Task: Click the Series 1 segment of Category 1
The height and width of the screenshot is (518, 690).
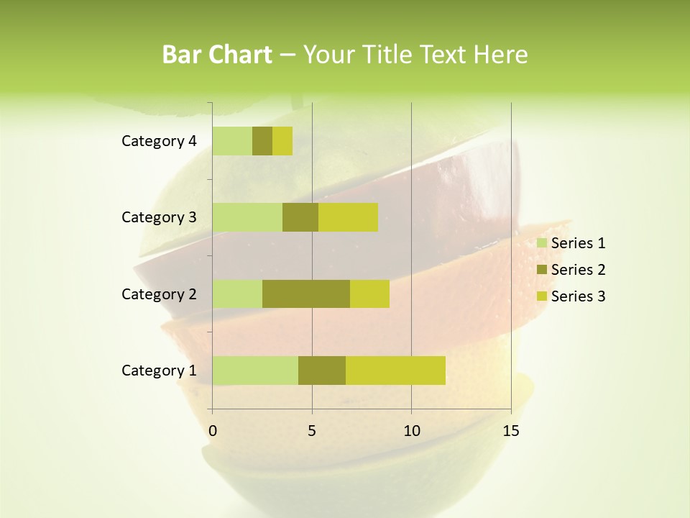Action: [x=255, y=370]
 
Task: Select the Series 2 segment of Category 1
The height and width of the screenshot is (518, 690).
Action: [x=322, y=370]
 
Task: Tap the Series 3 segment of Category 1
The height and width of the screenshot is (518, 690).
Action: [x=395, y=370]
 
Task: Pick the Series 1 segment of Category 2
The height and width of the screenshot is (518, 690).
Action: [x=237, y=294]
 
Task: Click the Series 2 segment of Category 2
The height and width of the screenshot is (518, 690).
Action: [x=306, y=294]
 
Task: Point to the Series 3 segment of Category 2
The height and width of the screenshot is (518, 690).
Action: [x=369, y=294]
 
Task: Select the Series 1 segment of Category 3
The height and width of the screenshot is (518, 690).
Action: [x=247, y=217]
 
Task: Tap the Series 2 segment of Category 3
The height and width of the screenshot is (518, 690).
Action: [x=300, y=217]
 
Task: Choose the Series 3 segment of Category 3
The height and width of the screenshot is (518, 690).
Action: [x=348, y=217]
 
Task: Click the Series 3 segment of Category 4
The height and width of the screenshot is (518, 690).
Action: [x=282, y=141]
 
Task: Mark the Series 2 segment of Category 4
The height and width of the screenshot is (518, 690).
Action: [x=262, y=141]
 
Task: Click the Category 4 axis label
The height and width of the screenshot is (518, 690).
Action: [x=159, y=141]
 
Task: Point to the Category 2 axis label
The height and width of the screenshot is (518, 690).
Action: [x=159, y=294]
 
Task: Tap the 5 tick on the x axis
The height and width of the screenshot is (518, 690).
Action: [x=312, y=431]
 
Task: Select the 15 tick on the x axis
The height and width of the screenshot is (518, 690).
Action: [x=511, y=431]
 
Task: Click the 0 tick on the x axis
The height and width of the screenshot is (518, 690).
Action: [x=213, y=431]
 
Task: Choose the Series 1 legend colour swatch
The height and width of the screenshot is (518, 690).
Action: [x=542, y=243]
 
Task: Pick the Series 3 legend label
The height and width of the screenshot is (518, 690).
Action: [x=578, y=296]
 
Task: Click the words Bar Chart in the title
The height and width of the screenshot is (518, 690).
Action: [x=217, y=55]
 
